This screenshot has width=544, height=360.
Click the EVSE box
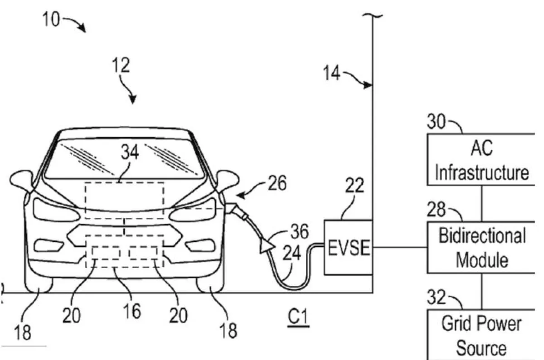[348, 247]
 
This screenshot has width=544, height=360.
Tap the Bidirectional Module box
[481, 247]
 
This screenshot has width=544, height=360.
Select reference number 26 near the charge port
[276, 183]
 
